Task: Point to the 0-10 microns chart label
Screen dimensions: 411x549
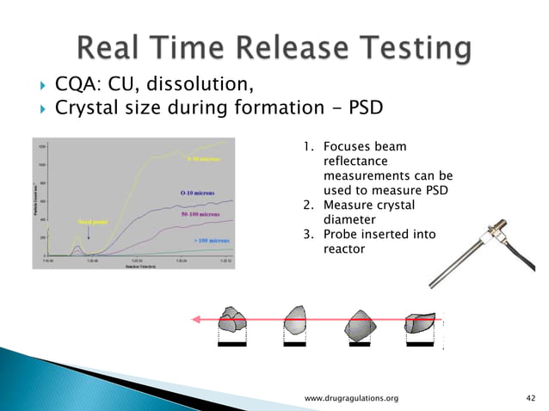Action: click(197, 193)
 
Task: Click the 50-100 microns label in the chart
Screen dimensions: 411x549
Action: click(197, 213)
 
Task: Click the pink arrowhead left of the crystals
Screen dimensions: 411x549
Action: click(196, 319)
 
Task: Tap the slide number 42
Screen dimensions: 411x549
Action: click(530, 398)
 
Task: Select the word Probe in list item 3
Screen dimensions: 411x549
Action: click(338, 235)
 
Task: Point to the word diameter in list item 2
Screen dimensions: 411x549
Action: click(346, 219)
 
